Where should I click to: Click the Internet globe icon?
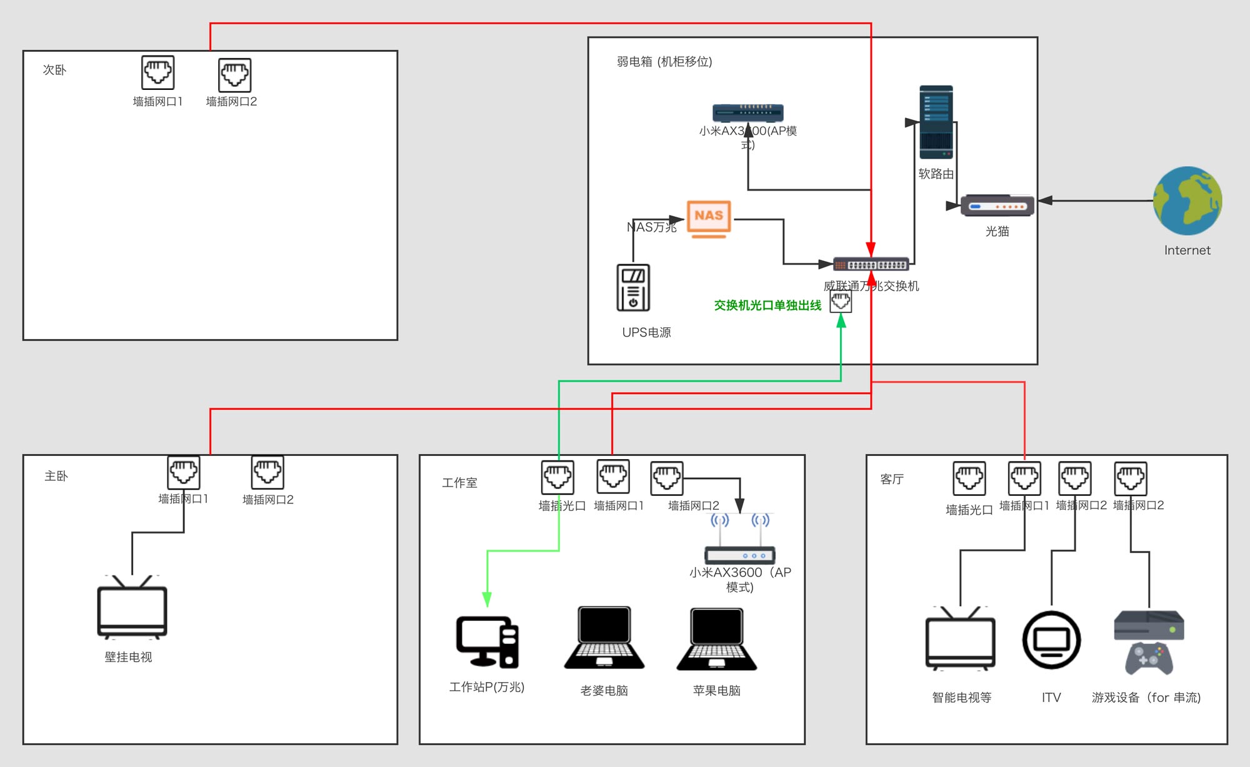click(1187, 200)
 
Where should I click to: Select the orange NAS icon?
click(709, 219)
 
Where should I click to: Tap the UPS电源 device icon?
click(633, 288)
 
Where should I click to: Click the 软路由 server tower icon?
click(936, 122)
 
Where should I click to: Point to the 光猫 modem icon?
click(997, 205)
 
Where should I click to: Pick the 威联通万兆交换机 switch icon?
click(871, 265)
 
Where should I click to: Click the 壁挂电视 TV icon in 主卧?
click(132, 608)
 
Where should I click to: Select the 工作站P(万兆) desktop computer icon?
click(487, 642)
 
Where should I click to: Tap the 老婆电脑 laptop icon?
click(604, 638)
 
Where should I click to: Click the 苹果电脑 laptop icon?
click(716, 640)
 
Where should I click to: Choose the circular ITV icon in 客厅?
click(1051, 640)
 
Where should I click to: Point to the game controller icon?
click(1149, 658)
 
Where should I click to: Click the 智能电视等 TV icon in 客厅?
click(960, 640)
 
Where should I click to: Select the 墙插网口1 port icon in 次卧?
click(157, 72)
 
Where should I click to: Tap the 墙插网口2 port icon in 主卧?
click(267, 472)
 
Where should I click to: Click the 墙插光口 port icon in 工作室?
click(557, 477)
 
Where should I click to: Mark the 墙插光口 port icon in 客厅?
click(969, 478)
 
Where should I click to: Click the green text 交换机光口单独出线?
click(767, 305)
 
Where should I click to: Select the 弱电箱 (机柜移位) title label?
click(664, 62)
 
